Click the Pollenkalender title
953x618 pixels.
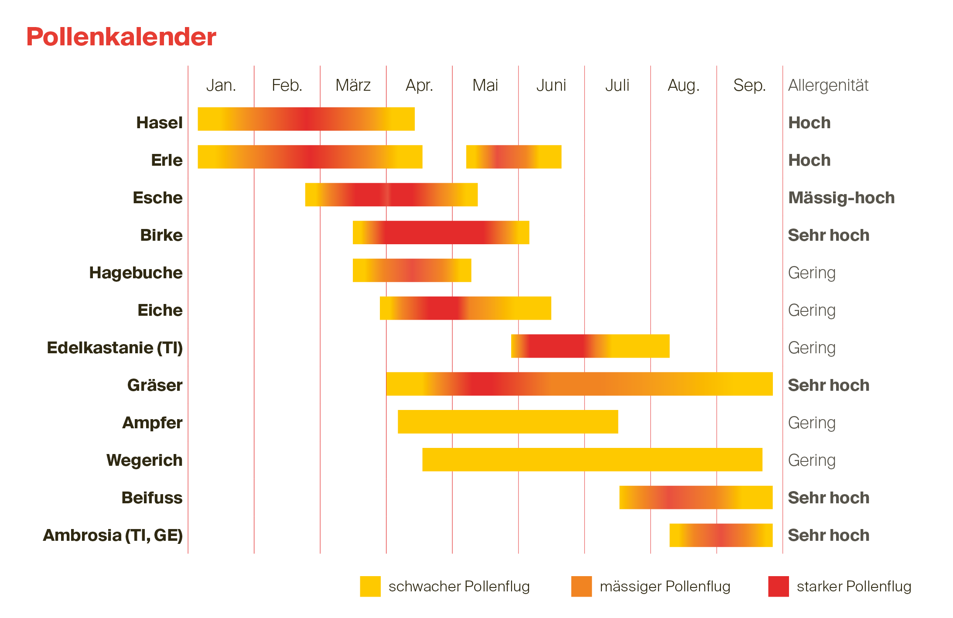pyautogui.click(x=121, y=37)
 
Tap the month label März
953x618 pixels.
pyautogui.click(x=353, y=85)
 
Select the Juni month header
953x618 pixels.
pyautogui.click(x=551, y=85)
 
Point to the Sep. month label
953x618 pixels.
pyautogui.click(x=749, y=85)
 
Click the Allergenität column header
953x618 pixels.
pyautogui.click(x=828, y=85)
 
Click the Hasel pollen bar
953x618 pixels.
pyautogui.click(x=306, y=119)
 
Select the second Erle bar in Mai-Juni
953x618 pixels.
pyautogui.click(x=513, y=157)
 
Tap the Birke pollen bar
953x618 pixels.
pyautogui.click(x=441, y=232)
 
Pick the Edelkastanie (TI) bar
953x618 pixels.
pyautogui.click(x=590, y=346)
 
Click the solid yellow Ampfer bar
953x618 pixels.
pyautogui.click(x=508, y=422)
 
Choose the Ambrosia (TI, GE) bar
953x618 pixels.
pyautogui.click(x=721, y=535)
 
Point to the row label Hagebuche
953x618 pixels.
pyautogui.click(x=136, y=273)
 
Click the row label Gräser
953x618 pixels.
pyautogui.click(x=154, y=385)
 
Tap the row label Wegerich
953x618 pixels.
pyautogui.click(x=144, y=460)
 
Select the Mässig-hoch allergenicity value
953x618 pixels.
pyautogui.click(x=841, y=198)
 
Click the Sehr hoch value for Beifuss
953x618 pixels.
pyautogui.click(x=828, y=498)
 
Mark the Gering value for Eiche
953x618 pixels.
pyautogui.click(x=811, y=310)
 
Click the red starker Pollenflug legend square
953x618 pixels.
pyautogui.click(x=778, y=586)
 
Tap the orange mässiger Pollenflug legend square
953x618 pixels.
pyautogui.click(x=581, y=586)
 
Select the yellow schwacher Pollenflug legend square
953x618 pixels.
pyautogui.click(x=370, y=586)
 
